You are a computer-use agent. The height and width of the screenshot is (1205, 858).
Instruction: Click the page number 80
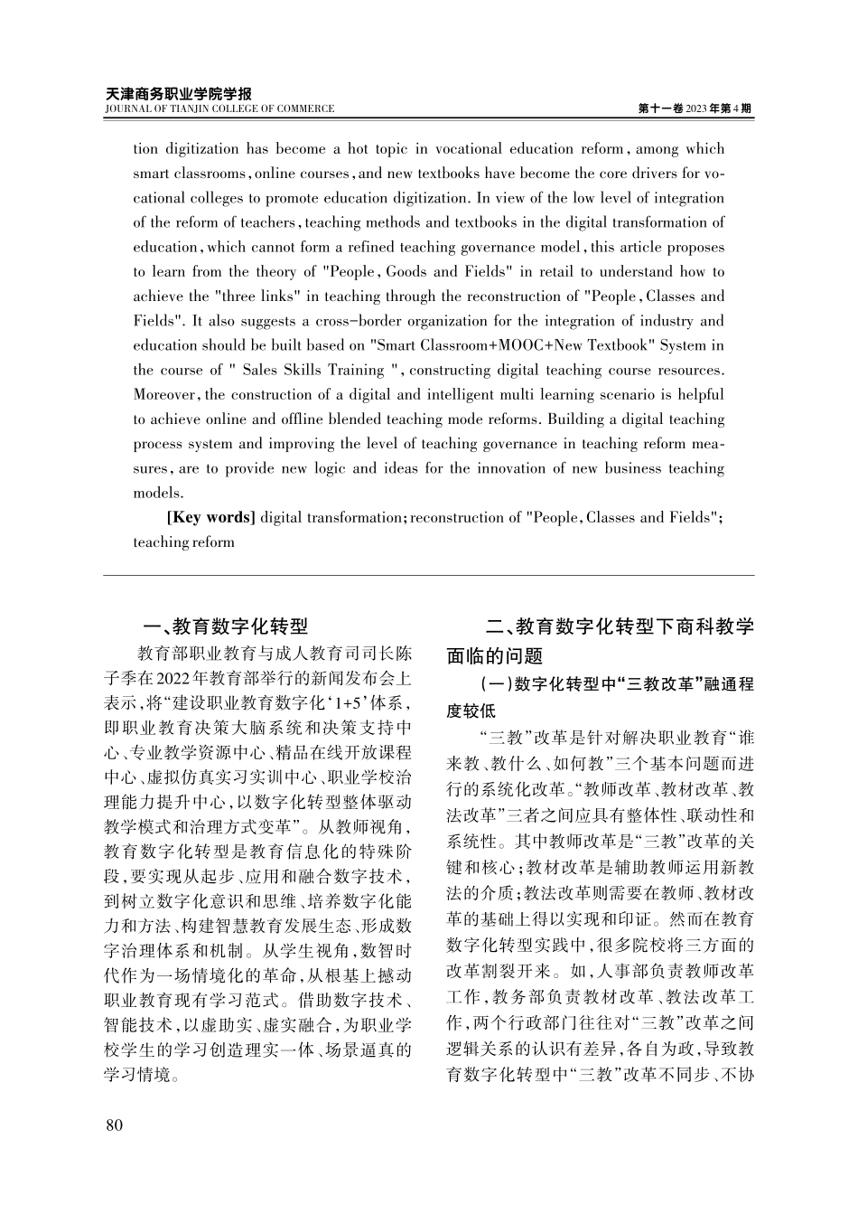pyautogui.click(x=114, y=1125)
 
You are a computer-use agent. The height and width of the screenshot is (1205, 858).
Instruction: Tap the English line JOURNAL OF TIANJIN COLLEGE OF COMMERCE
pyautogui.click(x=219, y=109)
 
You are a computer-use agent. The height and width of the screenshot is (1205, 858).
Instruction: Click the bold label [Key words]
pyautogui.click(x=211, y=518)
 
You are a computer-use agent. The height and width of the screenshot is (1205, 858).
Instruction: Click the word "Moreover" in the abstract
pyautogui.click(x=166, y=395)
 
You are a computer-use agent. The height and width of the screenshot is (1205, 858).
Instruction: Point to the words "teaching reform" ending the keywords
pyautogui.click(x=184, y=542)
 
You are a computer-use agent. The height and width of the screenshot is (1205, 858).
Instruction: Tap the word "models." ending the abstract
pyautogui.click(x=158, y=494)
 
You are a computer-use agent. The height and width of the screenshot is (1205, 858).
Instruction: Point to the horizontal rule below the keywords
pyautogui.click(x=429, y=575)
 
